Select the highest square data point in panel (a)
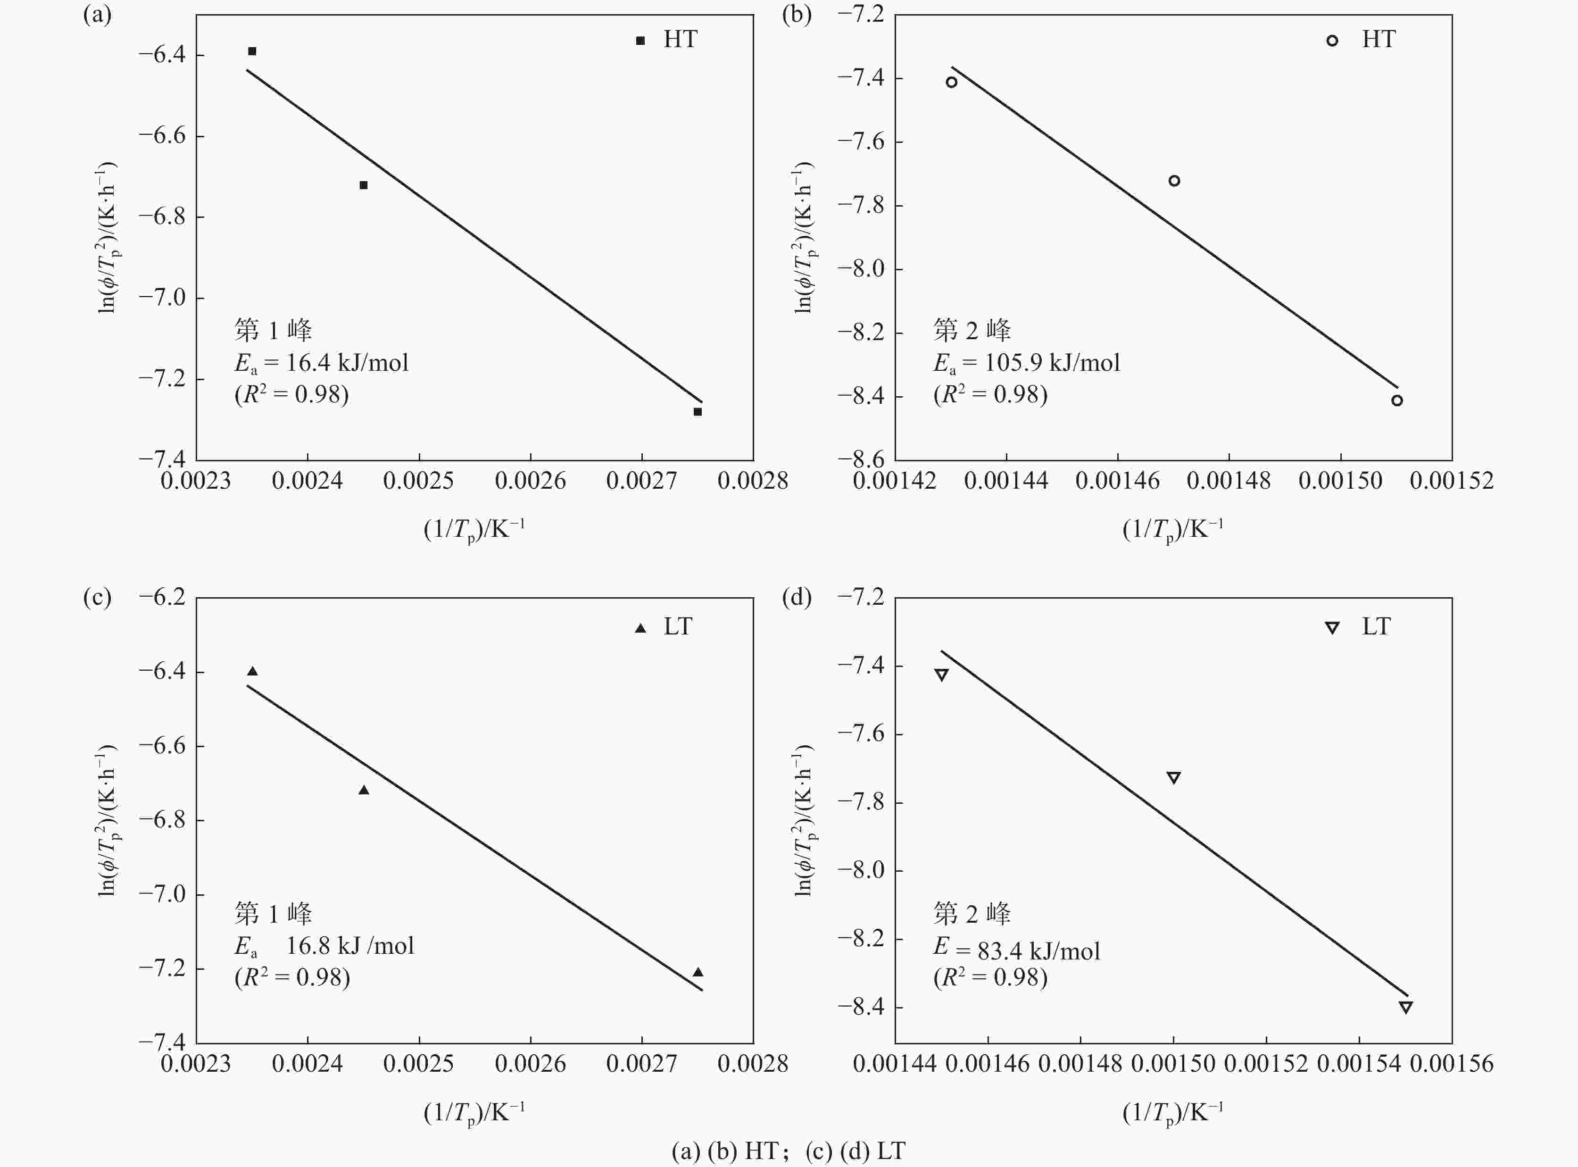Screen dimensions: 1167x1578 coord(252,51)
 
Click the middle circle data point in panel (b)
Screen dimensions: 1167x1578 coord(1174,181)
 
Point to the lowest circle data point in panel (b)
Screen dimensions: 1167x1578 coord(1396,400)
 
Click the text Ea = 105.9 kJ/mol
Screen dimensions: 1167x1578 coord(1026,363)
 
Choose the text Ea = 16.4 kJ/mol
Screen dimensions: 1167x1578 coord(321,363)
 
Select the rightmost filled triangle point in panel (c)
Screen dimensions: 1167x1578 coord(698,972)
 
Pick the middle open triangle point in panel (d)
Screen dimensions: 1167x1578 coord(1173,778)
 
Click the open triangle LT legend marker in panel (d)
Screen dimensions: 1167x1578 coord(1331,627)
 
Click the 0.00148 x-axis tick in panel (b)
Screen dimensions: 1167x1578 coord(1229,481)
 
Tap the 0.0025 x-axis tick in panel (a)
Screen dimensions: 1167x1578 coord(418,481)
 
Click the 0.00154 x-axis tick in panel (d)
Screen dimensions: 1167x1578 coord(1358,1064)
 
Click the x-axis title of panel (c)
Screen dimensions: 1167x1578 coord(474,1113)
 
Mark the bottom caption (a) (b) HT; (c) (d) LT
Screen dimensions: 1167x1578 coord(789,1151)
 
